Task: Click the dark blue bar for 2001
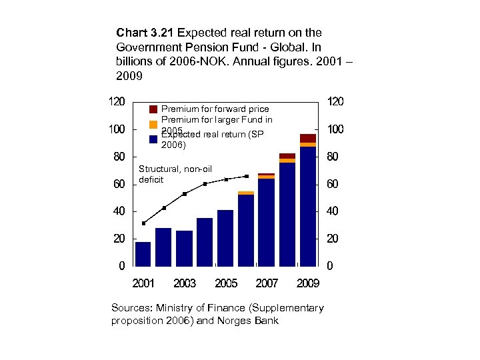(x=143, y=253)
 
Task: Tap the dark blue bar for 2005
(x=225, y=237)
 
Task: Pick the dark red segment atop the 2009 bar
(x=308, y=138)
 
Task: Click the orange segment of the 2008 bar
(x=287, y=161)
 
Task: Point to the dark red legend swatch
(x=153, y=109)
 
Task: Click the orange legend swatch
(x=153, y=124)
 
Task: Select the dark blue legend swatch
(x=153, y=139)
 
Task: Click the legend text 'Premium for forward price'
(x=215, y=109)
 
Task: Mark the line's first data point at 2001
(x=143, y=223)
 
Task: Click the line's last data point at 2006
(x=247, y=176)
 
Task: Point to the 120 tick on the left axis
(x=116, y=101)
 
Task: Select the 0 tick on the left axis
(x=121, y=266)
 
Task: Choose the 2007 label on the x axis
(x=267, y=283)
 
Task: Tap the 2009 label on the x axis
(x=308, y=283)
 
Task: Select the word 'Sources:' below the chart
(x=133, y=308)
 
